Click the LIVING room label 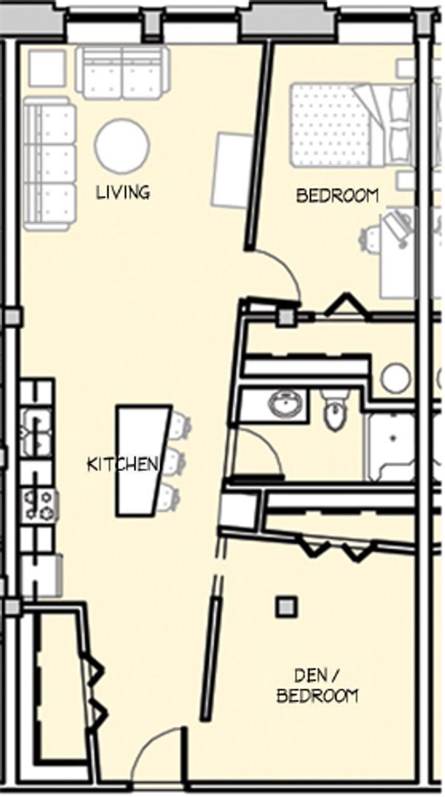(123, 192)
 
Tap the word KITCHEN (122, 464)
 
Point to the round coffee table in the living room (122, 146)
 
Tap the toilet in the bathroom (336, 409)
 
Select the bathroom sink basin (286, 405)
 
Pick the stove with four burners (40, 506)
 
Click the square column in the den (286, 607)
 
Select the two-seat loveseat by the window (123, 72)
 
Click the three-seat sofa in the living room (49, 164)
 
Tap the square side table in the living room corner (46, 68)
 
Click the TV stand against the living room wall (233, 170)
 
